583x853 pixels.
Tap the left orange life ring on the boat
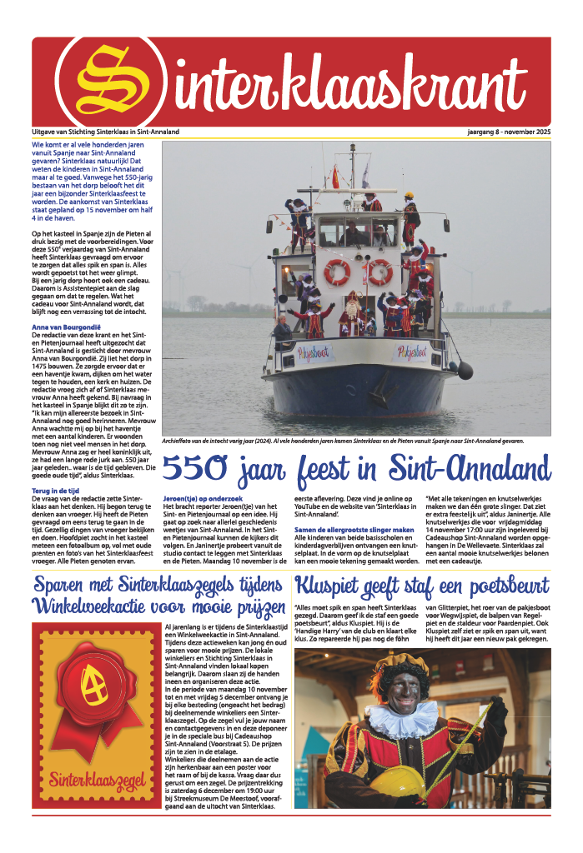337,272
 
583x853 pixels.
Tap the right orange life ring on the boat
379,272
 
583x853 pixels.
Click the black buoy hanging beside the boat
465,370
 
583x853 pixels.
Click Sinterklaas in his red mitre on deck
354,312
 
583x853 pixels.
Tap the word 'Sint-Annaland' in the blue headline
466,469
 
